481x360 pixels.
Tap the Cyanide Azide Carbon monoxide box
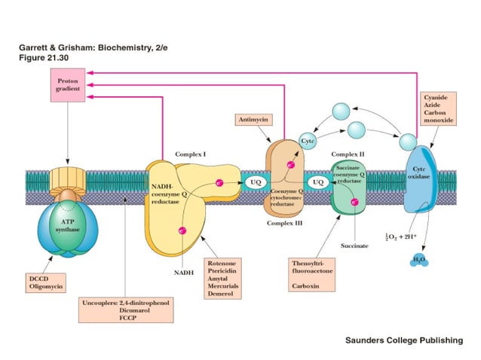[x=440, y=113]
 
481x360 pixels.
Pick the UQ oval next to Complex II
[x=318, y=182]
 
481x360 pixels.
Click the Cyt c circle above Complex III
[x=307, y=141]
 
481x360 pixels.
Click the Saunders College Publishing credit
[x=404, y=340]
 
